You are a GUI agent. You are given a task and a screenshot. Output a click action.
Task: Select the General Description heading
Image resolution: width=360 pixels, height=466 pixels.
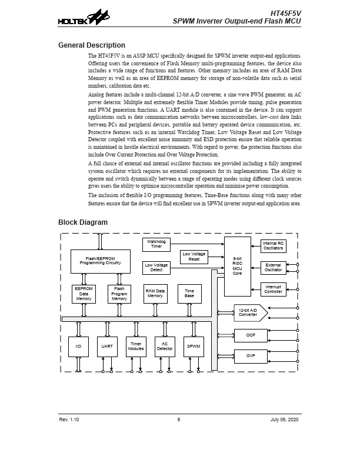[x=91, y=45]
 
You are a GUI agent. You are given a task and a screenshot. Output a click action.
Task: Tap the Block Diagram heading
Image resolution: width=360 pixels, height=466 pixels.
[x=83, y=222]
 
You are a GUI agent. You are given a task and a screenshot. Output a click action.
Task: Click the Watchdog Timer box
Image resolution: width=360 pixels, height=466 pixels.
[x=156, y=244]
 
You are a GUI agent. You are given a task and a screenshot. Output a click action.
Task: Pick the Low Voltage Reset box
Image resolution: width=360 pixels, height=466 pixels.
[x=194, y=257]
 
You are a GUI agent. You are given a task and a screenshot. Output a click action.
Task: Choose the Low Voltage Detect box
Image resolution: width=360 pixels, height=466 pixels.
[x=156, y=268]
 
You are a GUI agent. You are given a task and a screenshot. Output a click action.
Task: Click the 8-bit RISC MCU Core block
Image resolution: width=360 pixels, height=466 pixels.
[x=237, y=266]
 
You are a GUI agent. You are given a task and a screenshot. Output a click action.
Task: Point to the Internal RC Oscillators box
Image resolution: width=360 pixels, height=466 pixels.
[x=273, y=246]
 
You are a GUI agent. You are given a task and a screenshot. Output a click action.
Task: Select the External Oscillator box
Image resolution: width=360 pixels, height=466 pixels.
[x=273, y=268]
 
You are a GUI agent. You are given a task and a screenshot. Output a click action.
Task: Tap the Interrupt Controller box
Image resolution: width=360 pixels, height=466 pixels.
[x=273, y=289]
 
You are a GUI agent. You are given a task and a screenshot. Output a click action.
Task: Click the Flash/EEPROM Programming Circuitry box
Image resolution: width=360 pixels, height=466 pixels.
[x=100, y=261]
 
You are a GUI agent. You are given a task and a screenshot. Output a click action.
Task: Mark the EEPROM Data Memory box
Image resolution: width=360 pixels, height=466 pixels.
[x=83, y=294]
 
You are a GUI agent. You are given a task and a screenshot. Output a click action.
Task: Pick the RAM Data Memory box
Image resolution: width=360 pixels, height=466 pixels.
[x=155, y=294]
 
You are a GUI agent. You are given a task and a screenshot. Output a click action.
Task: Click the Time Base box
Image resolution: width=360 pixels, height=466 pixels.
[x=189, y=294]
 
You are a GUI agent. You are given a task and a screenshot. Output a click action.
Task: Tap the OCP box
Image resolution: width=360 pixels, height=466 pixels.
[x=250, y=335]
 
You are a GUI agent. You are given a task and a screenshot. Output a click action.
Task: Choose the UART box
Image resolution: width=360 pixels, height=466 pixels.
[x=107, y=347]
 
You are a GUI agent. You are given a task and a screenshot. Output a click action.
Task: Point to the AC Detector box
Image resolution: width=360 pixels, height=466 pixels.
[x=165, y=347]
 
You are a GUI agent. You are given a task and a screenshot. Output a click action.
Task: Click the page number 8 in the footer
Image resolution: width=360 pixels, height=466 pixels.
[x=178, y=420]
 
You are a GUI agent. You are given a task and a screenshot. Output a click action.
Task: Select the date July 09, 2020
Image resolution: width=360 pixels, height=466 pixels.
[x=285, y=420]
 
